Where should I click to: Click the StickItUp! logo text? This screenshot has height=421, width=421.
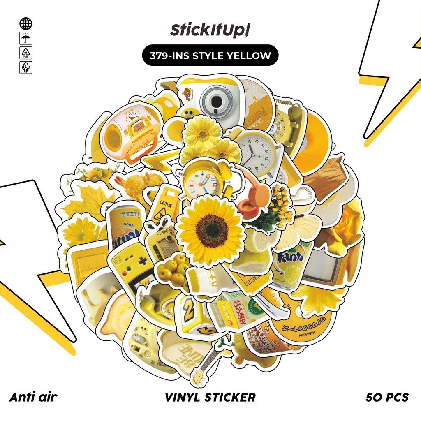[x=210, y=31]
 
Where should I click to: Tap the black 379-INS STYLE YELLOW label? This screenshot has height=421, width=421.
[x=210, y=55]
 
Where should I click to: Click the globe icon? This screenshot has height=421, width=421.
[x=25, y=23]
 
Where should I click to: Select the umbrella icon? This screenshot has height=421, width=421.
[x=25, y=39]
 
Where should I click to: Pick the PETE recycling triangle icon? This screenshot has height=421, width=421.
[x=25, y=53]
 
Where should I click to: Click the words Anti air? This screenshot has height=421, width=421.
[x=33, y=397]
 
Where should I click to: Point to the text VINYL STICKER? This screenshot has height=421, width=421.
[x=210, y=397]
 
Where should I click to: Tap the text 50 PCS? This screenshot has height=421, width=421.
[x=387, y=397]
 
